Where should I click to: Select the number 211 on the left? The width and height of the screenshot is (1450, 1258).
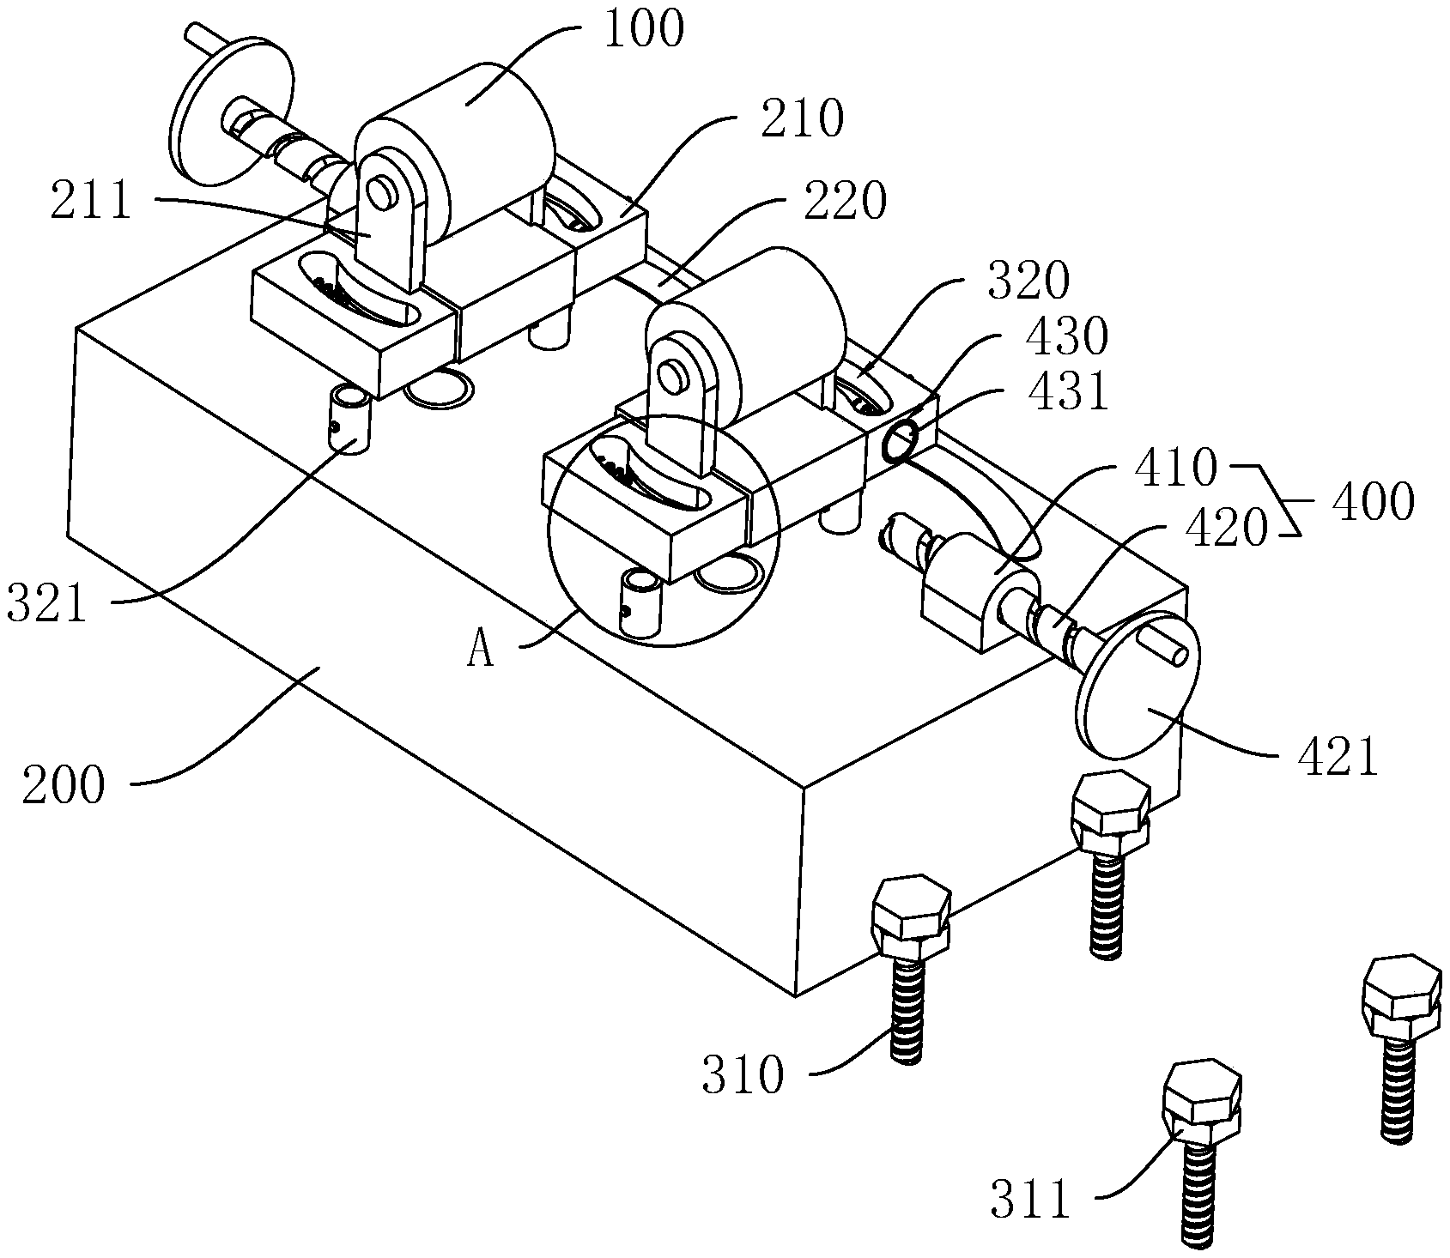(x=91, y=202)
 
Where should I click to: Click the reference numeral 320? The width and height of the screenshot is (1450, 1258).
(x=1028, y=281)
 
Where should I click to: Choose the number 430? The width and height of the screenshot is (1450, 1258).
(x=1067, y=337)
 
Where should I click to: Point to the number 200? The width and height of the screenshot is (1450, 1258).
(x=64, y=785)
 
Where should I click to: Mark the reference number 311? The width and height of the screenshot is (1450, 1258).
(x=1030, y=1200)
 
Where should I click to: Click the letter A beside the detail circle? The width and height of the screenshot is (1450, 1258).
(x=482, y=652)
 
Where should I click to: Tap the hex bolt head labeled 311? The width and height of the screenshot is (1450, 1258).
(x=1200, y=1098)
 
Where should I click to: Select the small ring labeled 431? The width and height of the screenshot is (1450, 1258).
(x=901, y=444)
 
